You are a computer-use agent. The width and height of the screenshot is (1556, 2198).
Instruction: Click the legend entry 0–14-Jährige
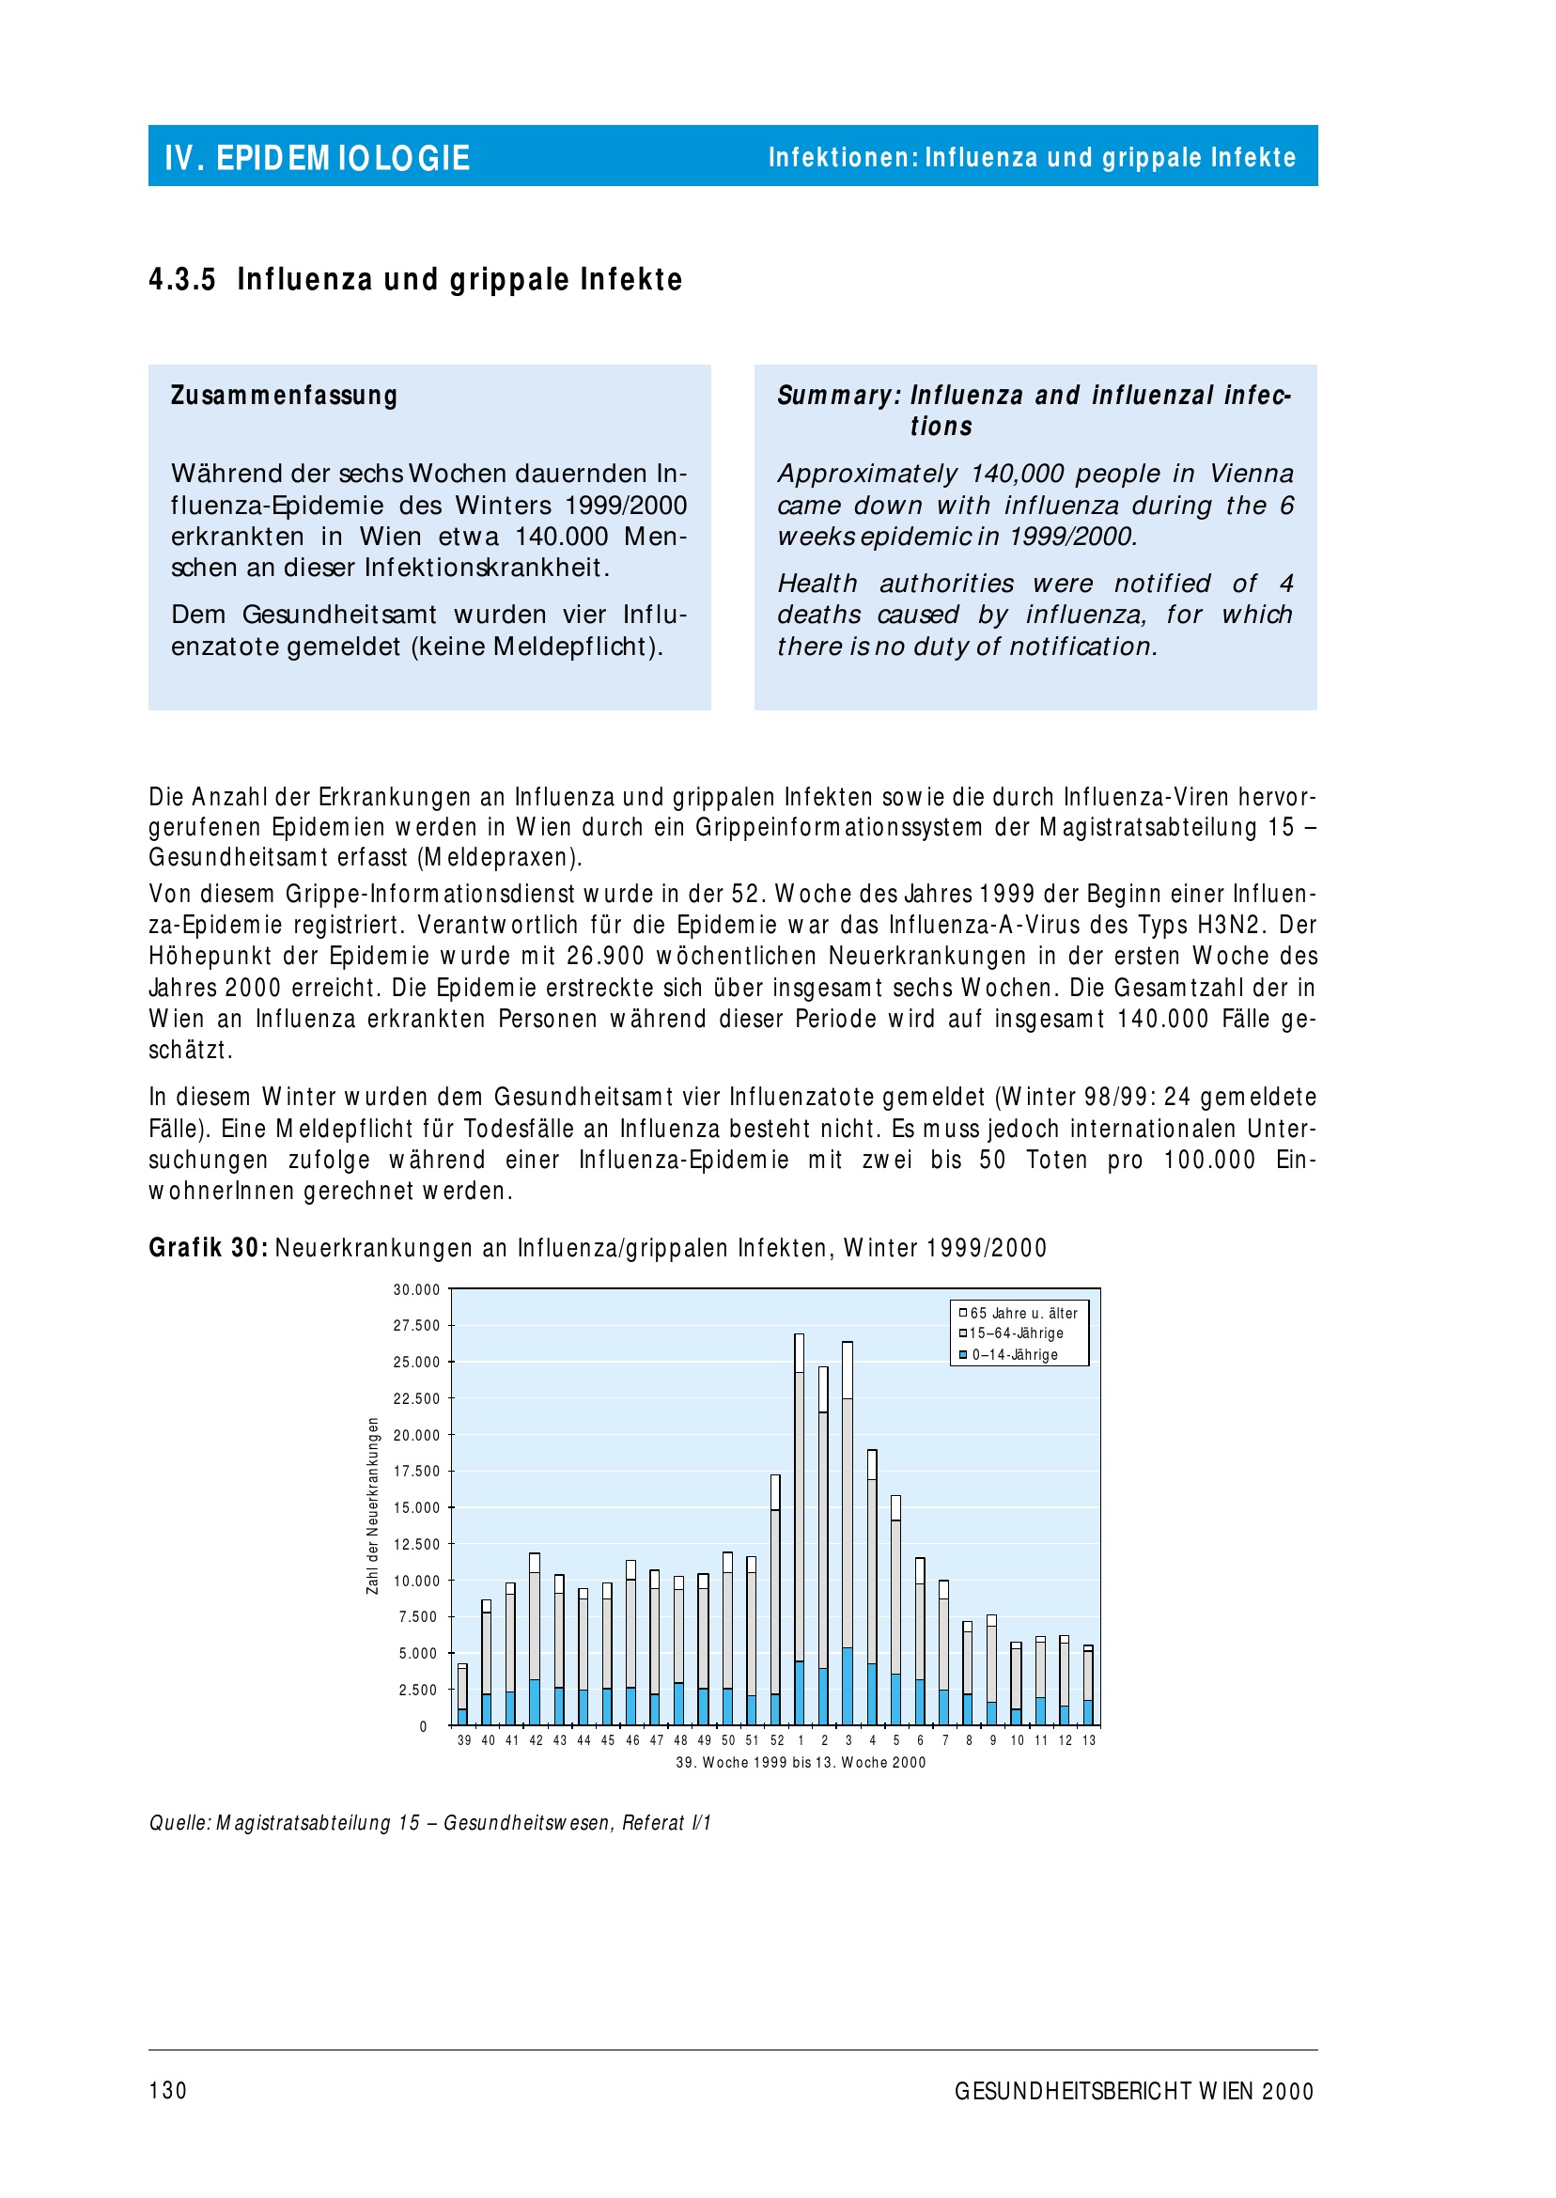1015,1355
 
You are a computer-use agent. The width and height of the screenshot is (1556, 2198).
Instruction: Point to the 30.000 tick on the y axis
417,1289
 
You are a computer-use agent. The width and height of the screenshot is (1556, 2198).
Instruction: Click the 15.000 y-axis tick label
417,1508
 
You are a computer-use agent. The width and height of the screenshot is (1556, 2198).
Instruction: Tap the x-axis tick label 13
1089,1741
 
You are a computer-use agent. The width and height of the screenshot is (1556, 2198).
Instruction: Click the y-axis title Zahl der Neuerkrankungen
373,1506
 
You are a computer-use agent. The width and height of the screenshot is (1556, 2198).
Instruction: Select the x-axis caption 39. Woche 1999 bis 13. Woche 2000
800,1763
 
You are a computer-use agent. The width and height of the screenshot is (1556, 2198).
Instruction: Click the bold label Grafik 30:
208,1249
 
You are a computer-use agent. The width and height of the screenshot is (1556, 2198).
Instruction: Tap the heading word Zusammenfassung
284,396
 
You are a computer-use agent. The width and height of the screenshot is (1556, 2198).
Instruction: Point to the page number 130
167,2091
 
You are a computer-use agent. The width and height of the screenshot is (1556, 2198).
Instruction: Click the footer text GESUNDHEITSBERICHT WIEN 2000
1133,2092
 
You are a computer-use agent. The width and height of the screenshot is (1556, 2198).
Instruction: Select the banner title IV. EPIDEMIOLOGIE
318,158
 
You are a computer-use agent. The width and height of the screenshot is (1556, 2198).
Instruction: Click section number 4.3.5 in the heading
182,280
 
